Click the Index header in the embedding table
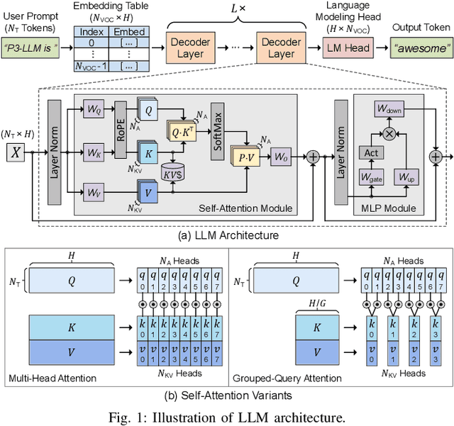click(93, 32)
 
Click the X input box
click(16, 152)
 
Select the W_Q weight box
click(94, 111)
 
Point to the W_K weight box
click(94, 151)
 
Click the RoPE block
click(121, 131)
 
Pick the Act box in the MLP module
click(370, 153)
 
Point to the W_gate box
click(370, 177)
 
